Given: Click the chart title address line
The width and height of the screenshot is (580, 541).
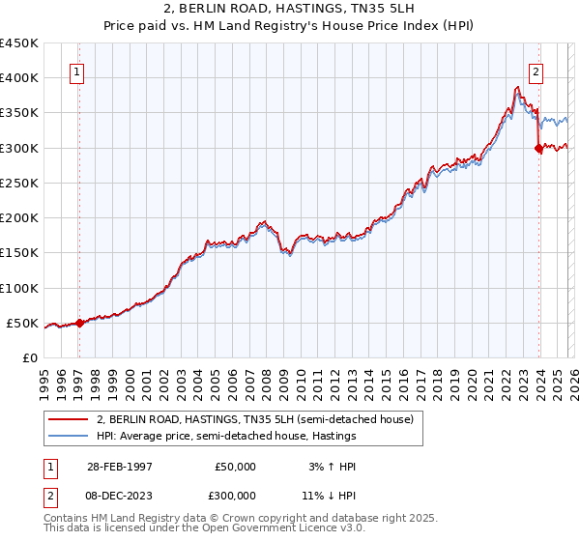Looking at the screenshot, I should [x=290, y=8].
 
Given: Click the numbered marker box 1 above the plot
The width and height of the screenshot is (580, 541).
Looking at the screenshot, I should [x=76, y=71].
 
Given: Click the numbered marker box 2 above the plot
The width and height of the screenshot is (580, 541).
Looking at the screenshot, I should [x=536, y=71].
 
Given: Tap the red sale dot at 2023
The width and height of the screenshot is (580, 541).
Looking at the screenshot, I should [x=538, y=148].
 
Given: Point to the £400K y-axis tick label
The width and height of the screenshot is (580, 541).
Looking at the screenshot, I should [x=19, y=78].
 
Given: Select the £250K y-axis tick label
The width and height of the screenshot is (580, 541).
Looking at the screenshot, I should [x=19, y=184].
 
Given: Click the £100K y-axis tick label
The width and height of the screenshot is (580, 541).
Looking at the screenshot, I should [x=19, y=288].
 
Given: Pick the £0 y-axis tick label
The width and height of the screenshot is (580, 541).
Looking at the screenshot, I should [x=29, y=358].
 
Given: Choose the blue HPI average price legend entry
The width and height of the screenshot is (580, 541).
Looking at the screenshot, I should [x=227, y=436].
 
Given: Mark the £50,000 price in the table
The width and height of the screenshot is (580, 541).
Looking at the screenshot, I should [x=236, y=466].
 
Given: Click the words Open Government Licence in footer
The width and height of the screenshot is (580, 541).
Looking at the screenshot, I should [x=283, y=530].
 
